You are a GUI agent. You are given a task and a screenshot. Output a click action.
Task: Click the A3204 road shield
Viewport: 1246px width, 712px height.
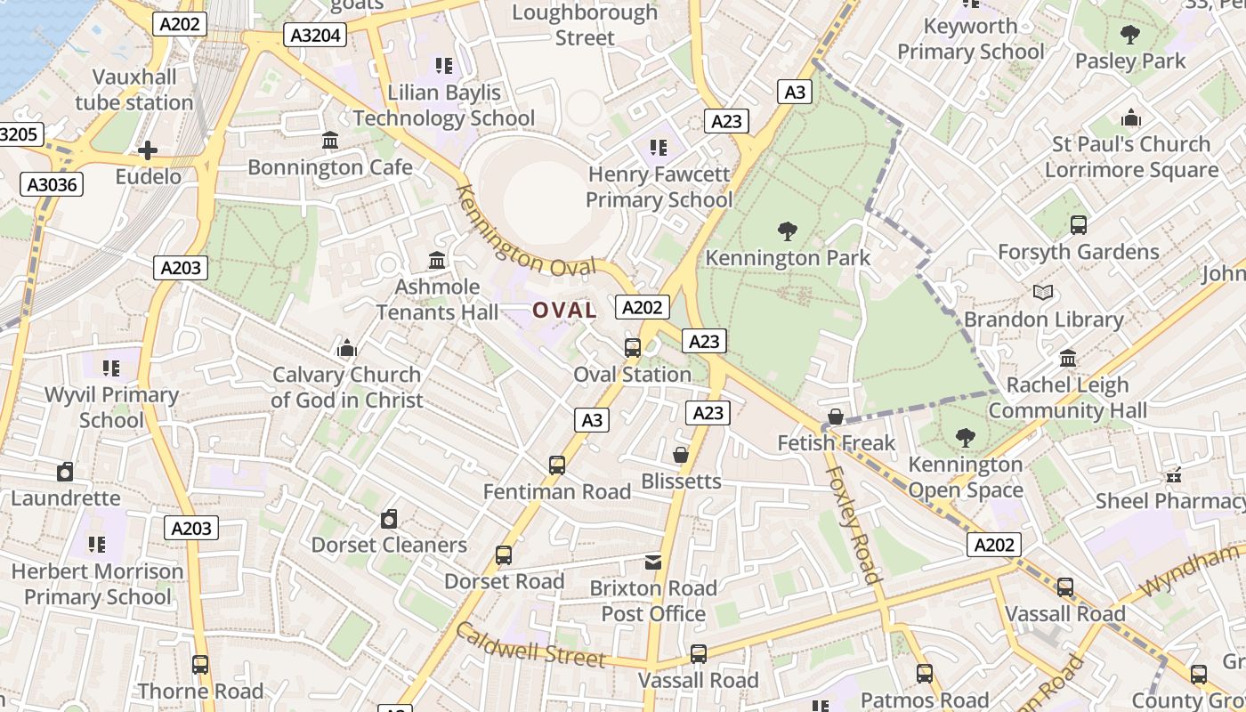(x=314, y=36)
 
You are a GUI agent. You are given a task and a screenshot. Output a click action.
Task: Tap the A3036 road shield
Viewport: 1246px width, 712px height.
(x=53, y=184)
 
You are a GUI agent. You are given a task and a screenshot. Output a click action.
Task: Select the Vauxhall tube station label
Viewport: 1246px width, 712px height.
(x=134, y=90)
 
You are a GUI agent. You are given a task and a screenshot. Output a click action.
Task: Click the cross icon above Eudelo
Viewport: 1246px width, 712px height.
(x=148, y=150)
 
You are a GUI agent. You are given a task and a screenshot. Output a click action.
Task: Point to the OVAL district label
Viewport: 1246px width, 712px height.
(x=564, y=311)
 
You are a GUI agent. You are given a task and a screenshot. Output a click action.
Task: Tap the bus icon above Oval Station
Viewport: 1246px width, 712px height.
(x=633, y=348)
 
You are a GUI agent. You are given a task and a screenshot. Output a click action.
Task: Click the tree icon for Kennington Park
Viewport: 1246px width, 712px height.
(x=787, y=232)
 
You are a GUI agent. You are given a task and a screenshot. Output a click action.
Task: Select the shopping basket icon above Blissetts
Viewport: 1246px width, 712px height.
(x=681, y=455)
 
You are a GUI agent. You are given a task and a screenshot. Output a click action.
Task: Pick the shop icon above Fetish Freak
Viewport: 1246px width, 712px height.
(x=836, y=417)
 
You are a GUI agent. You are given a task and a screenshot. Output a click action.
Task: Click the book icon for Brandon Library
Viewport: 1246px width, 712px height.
(x=1043, y=293)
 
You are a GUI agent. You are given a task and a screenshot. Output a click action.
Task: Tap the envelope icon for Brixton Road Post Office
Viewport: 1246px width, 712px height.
(x=653, y=562)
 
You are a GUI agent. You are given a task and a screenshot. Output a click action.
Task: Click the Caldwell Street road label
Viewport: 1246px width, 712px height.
(x=530, y=644)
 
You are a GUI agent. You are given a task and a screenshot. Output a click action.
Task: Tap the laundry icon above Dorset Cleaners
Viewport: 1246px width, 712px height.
(x=389, y=519)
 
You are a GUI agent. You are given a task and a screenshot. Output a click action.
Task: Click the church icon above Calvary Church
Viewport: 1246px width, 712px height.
(x=346, y=348)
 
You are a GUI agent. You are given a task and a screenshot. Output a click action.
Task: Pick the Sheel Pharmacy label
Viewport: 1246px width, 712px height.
(x=1169, y=501)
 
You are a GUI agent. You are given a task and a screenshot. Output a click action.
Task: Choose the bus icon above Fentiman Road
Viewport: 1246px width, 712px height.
(x=557, y=465)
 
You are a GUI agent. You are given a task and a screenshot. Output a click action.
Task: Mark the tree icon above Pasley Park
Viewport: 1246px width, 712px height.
(x=1130, y=36)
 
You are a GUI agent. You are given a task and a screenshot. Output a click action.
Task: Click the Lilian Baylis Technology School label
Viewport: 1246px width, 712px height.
(x=444, y=105)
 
